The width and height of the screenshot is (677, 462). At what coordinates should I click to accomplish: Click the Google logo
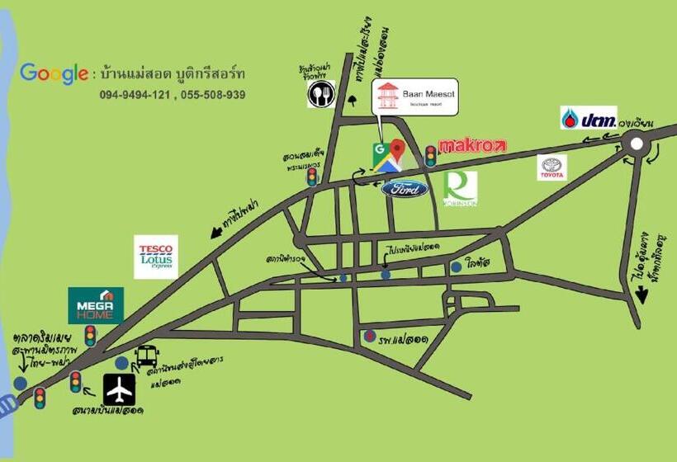(x=54, y=73)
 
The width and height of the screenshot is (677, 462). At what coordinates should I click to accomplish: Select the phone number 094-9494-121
(x=135, y=95)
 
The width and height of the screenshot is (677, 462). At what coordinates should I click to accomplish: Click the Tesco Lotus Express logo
(x=156, y=257)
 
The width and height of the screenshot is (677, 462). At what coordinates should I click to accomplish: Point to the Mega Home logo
(x=96, y=304)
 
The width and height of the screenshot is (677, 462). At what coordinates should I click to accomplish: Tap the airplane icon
(x=119, y=389)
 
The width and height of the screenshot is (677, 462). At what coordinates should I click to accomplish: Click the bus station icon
(x=147, y=356)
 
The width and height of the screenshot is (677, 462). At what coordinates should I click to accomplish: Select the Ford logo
(x=405, y=189)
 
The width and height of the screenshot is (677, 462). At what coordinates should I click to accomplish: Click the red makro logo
(x=471, y=146)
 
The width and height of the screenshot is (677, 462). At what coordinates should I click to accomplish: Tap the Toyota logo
(x=552, y=167)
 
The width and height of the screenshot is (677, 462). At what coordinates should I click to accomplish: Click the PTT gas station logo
(x=588, y=118)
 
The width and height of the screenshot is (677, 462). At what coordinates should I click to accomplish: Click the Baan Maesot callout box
(x=414, y=97)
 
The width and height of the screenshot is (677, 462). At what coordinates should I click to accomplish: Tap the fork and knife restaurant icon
(x=320, y=94)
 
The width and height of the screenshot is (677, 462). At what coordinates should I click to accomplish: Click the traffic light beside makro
(x=430, y=155)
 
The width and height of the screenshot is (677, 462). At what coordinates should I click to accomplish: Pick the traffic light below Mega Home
(x=90, y=336)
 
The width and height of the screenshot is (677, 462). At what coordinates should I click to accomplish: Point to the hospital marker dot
(x=371, y=337)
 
